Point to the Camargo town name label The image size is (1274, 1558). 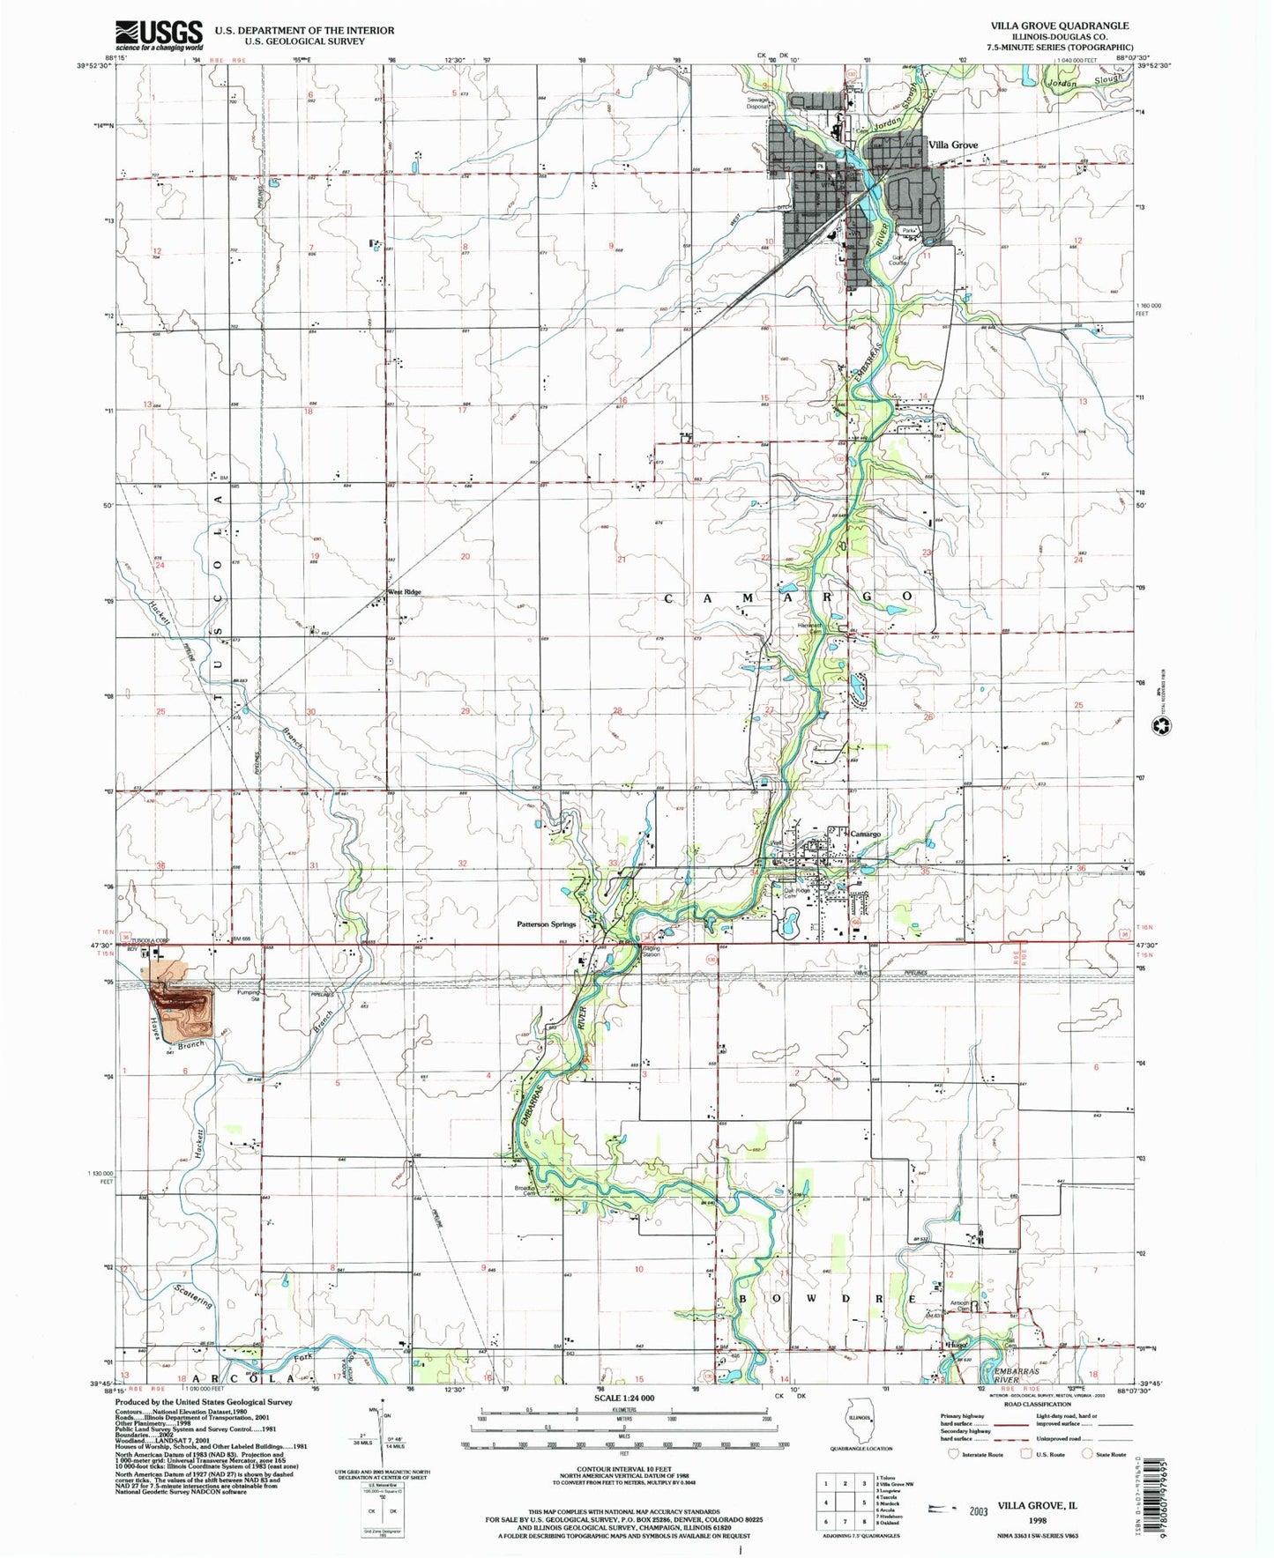click(865, 833)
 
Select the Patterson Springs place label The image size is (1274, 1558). click(546, 924)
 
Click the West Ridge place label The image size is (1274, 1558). click(405, 592)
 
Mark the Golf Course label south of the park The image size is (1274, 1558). click(898, 259)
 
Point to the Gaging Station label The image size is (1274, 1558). click(651, 951)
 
